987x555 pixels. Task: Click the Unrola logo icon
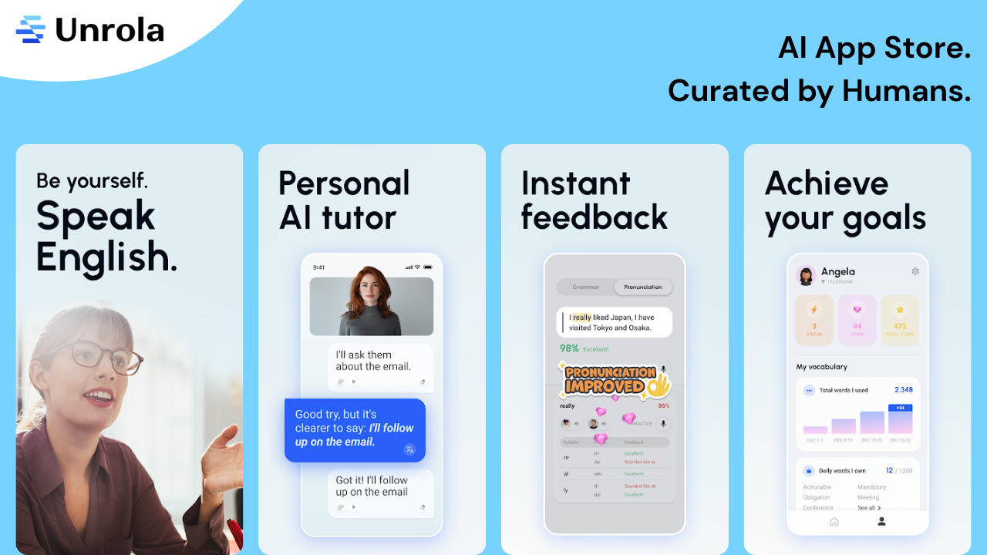coord(31,29)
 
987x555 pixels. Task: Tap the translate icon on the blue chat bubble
coord(409,449)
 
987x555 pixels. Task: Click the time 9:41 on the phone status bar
coord(318,267)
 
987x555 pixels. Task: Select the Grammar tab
coord(586,287)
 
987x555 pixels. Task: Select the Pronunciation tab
coord(643,287)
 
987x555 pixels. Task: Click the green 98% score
coord(569,348)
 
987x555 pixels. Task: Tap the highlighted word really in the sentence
coord(581,317)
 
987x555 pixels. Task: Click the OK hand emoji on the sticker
coord(658,383)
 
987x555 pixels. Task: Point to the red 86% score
coord(663,405)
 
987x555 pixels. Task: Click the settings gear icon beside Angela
coord(915,271)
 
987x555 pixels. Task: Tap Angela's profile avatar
coord(807,276)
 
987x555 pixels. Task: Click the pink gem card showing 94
coord(857,319)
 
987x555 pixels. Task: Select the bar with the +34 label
coord(900,421)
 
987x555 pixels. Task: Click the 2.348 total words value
coord(903,390)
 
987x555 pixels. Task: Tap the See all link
coord(868,508)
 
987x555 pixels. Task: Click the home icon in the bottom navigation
coord(834,522)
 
